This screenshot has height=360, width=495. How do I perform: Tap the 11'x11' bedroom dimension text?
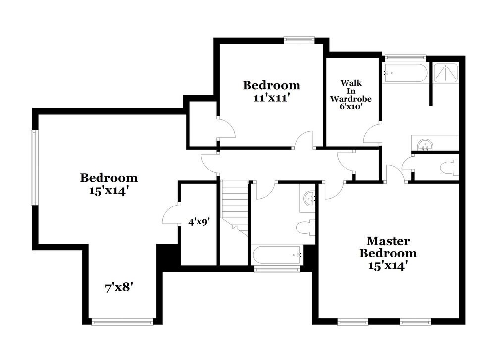[271, 98]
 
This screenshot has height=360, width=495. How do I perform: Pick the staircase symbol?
[235, 206]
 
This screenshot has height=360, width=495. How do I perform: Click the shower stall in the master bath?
[446, 74]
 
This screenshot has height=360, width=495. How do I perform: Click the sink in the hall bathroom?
[310, 198]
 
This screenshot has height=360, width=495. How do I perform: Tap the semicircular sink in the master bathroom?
[424, 144]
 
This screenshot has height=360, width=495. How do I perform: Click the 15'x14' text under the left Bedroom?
[109, 190]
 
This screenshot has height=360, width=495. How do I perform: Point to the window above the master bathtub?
[405, 57]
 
